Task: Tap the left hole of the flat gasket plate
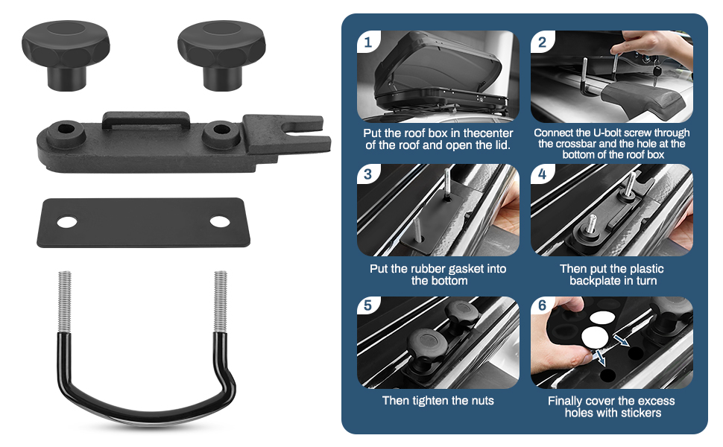coord(67,222)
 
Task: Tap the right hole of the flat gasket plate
coord(219,221)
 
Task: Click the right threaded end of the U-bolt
coord(221,302)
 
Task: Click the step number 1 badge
coord(366,42)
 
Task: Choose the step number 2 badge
coord(542,42)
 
